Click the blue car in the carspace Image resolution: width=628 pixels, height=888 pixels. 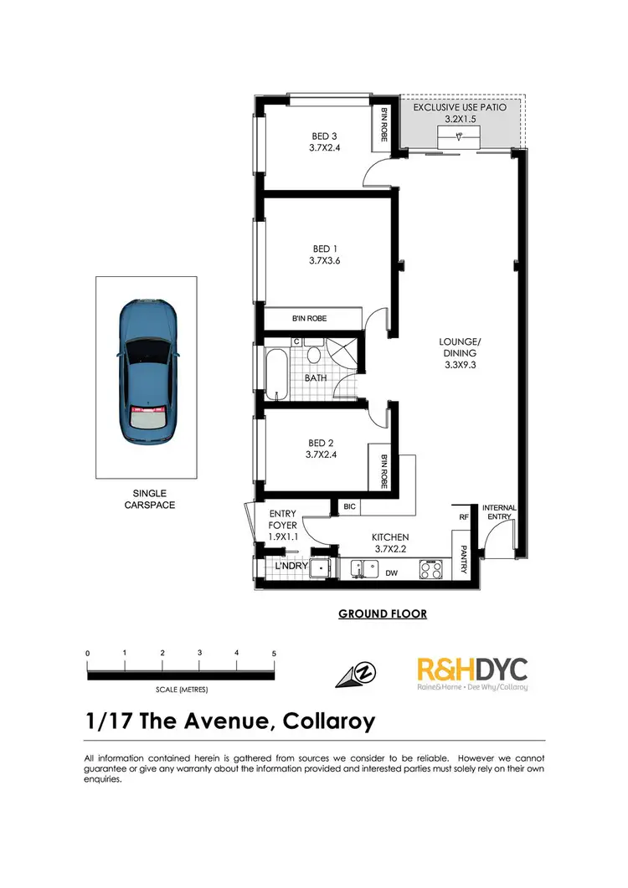point(148,372)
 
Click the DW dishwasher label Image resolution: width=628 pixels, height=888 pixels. point(391,574)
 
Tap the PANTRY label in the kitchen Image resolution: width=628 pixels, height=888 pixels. point(464,562)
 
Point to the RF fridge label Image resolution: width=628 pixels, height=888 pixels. point(463,517)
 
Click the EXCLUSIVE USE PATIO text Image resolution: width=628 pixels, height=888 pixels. point(463,109)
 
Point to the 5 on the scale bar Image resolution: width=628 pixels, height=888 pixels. point(274,653)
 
